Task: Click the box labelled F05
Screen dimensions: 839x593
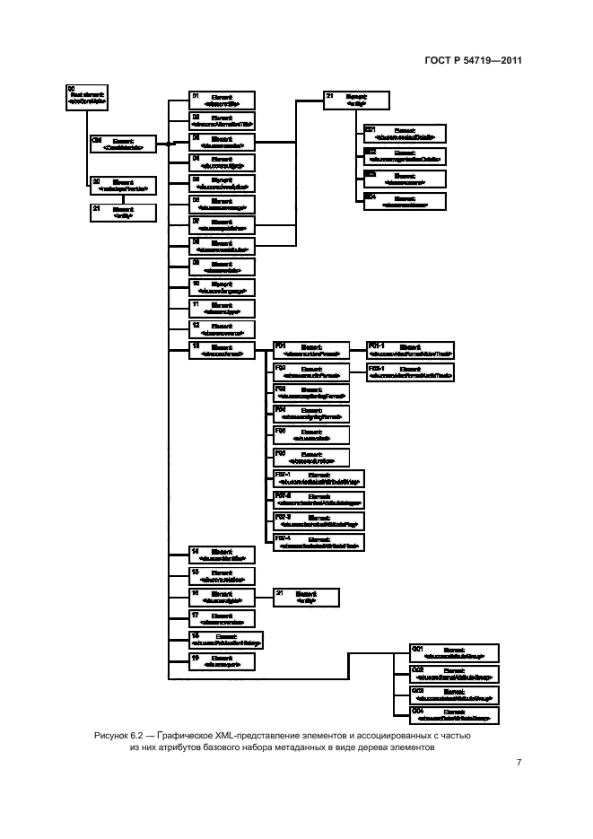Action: point(310,434)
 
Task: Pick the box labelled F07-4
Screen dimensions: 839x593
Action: point(318,540)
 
